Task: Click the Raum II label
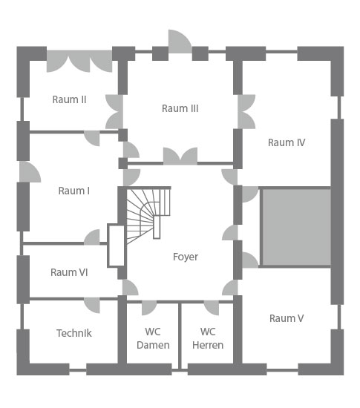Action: click(69, 99)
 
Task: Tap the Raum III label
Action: click(180, 108)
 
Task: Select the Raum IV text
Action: click(287, 142)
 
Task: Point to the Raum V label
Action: click(287, 318)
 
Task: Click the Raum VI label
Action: click(69, 272)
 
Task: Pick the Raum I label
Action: click(74, 191)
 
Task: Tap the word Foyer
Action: click(186, 257)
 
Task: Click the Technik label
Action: click(74, 333)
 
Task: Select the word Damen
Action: click(153, 345)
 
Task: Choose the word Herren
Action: click(208, 345)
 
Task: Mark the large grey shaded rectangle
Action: click(296, 227)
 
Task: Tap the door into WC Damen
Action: click(148, 308)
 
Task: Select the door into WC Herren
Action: click(212, 308)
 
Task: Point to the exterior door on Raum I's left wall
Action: click(29, 172)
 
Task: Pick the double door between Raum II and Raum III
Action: click(115, 111)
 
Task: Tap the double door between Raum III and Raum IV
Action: click(246, 111)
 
